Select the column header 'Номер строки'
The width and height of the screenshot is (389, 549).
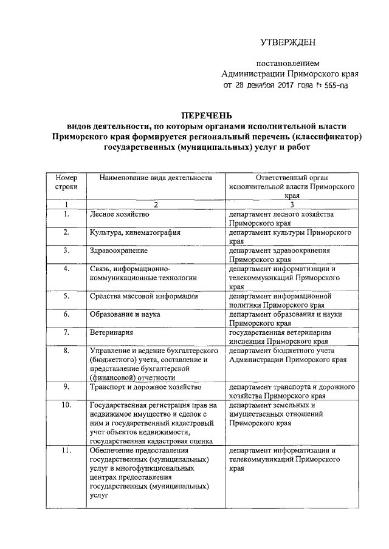click(66, 183)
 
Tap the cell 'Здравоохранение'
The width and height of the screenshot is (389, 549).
click(119, 250)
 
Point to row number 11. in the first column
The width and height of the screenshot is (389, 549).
click(66, 451)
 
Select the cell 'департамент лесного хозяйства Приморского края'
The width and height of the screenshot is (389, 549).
click(285, 219)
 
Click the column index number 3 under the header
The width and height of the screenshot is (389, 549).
click(292, 205)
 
